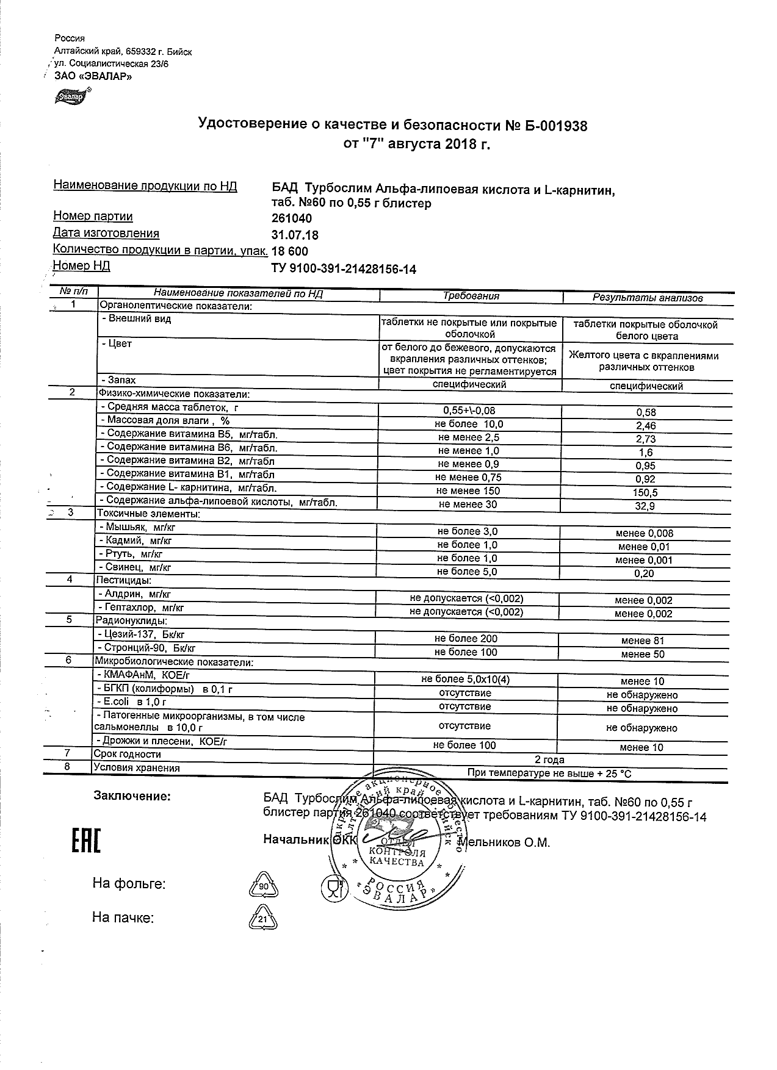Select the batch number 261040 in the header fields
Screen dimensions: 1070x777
coord(291,219)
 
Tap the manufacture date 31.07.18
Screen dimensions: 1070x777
coord(294,235)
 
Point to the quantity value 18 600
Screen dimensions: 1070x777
coord(290,251)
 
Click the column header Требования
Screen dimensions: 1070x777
coord(471,296)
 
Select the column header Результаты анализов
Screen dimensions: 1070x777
coord(648,298)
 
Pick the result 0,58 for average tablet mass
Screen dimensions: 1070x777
coord(645,412)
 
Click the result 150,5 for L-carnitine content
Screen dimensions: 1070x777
coord(645,492)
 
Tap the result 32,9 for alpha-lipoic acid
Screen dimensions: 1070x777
coord(645,506)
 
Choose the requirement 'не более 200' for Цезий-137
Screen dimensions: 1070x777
coord(466,639)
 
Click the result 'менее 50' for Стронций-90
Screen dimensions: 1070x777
coord(643,654)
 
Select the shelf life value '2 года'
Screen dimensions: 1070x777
coord(549,759)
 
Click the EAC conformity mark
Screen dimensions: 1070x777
coord(86,841)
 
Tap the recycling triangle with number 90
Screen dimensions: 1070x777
coord(263,885)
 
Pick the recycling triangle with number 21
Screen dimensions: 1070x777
coord(262,919)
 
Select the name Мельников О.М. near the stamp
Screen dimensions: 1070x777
coord(504,842)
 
